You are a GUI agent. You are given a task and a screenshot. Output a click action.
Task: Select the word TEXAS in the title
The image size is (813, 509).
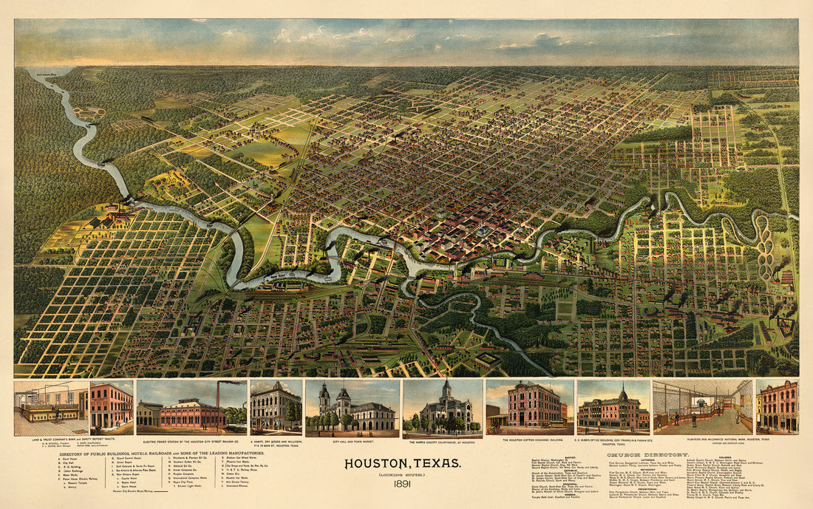coord(438,464)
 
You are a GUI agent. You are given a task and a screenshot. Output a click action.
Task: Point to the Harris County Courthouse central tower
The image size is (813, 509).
coord(446,392)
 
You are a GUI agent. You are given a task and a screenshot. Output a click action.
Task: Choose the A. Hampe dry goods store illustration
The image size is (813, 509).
coord(276,407)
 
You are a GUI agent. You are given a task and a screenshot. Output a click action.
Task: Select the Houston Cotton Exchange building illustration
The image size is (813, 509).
coord(529,406)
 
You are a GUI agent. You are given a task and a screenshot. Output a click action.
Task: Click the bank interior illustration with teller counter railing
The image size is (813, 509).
coord(702,407)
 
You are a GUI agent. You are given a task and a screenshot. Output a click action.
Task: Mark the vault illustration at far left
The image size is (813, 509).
coord(50,407)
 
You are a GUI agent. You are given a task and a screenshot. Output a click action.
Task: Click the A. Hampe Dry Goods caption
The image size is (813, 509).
coord(276,442)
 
